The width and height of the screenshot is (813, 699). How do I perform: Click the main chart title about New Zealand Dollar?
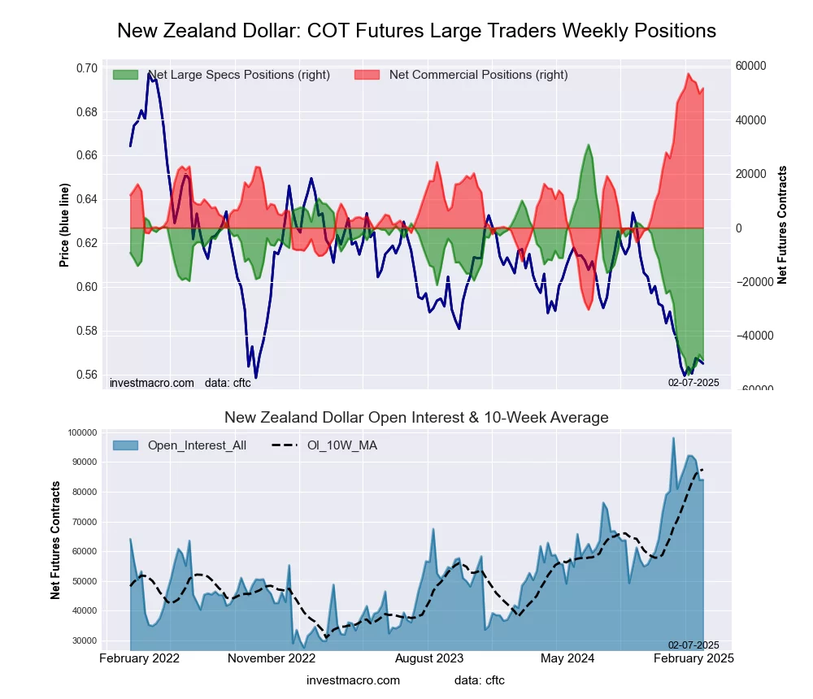tap(416, 31)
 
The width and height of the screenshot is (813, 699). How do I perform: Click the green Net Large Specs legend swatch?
tap(125, 75)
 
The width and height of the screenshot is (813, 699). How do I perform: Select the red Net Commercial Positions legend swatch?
tap(367, 75)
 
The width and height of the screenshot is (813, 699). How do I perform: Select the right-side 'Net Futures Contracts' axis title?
tap(782, 224)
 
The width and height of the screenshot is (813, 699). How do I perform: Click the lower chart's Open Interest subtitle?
tap(416, 418)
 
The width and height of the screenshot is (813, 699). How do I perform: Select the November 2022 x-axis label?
tap(272, 658)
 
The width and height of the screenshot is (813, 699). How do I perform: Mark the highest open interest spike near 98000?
tap(673, 438)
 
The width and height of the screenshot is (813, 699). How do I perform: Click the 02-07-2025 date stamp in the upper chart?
tap(693, 382)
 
